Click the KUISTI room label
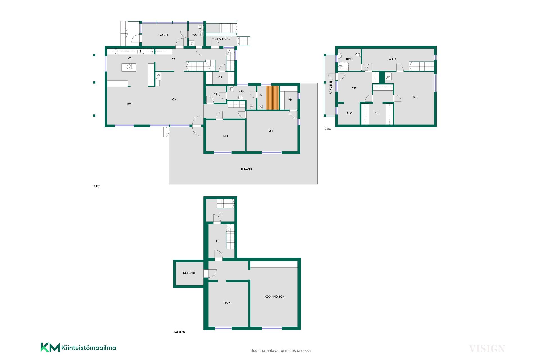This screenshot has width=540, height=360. coord(163,35)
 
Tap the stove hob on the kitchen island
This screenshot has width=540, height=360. coord(129,66)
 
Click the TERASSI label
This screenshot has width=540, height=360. coord(246,169)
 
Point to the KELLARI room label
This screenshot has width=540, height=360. coord(189,273)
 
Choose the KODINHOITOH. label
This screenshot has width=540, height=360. coord(275,296)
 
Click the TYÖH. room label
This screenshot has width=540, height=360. coord(227,303)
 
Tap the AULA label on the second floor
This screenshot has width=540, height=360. coord(393,59)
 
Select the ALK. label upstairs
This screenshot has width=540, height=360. coord(349,113)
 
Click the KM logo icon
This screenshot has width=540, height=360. coord(50,347)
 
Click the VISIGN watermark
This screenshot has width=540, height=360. coord(487,349)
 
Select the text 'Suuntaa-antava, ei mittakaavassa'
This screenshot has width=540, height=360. coord(280,350)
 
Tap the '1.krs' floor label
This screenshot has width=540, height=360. coord(97,186)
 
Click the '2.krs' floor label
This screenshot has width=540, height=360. coord(328,129)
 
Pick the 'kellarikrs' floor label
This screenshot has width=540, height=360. coord(180,332)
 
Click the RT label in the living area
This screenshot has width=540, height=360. coord(129,104)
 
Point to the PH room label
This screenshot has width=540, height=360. coord(215,94)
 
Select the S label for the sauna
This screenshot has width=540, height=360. coord(261,96)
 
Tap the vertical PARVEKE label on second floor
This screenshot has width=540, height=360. coord(331,87)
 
